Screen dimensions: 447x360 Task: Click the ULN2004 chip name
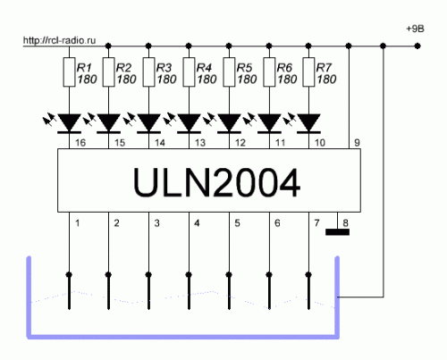coord(216,182)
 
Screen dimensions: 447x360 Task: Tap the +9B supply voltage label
coord(415,29)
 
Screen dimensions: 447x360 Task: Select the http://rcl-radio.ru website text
coord(59,40)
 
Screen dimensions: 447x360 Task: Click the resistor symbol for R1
coord(69,72)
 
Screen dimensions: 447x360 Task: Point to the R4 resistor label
coord(204,68)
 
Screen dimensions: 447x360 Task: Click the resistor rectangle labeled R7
coord(308,72)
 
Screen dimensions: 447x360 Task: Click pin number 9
coord(357,143)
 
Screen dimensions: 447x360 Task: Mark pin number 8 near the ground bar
coord(345,222)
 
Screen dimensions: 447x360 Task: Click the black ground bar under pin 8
coord(337,232)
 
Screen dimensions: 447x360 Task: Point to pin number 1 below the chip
coord(77,222)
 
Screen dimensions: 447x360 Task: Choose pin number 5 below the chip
coord(237,222)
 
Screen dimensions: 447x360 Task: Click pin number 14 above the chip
coord(160,143)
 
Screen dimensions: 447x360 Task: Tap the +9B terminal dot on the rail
coord(417,46)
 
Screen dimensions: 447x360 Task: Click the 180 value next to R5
coord(247,80)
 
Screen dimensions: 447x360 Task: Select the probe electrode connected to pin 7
coord(308,291)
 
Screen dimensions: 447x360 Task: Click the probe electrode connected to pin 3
coord(148,291)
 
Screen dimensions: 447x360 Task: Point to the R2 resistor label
coord(123,68)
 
